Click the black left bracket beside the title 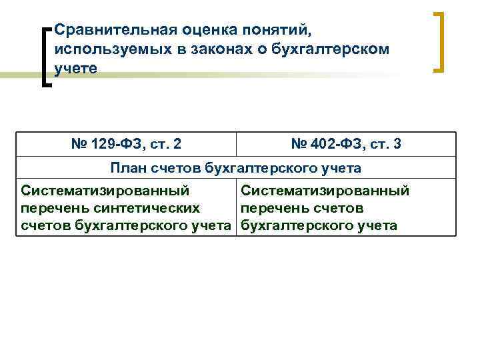pos(45,57)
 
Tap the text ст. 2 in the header pos(166,143)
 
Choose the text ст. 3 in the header pos(385,143)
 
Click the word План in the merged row pos(129,167)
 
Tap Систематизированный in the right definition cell pos(325,191)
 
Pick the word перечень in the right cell pos(273,208)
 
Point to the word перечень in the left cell pos(53,208)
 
